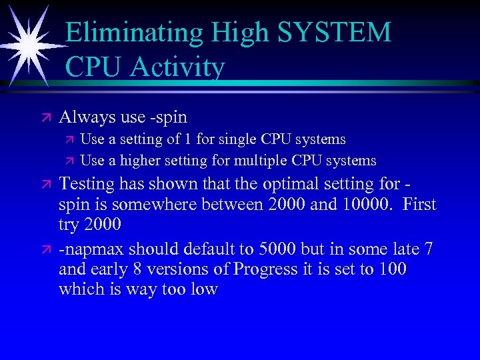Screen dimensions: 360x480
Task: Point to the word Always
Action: tap(87, 117)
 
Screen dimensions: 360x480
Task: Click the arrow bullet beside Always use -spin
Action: tap(45, 117)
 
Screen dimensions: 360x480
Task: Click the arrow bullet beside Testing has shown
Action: tap(45, 183)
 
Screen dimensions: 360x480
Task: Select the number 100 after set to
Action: tap(393, 270)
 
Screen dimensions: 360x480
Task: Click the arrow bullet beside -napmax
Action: tap(45, 249)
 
